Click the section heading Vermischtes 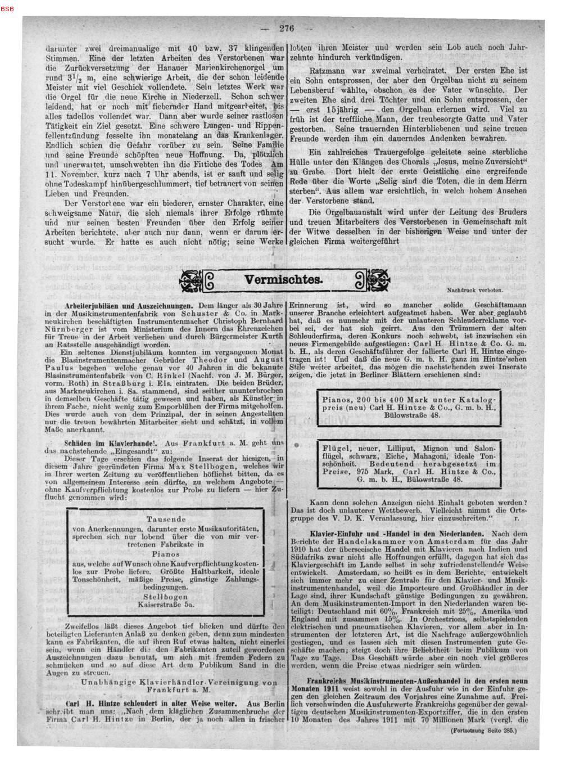pyautogui.click(x=283, y=280)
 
